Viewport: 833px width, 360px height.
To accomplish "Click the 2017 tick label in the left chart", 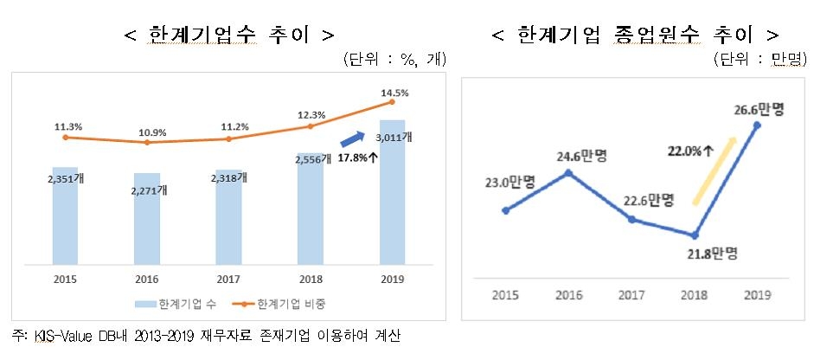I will click(x=228, y=280).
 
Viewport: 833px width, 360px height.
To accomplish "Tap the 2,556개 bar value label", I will click(x=311, y=160).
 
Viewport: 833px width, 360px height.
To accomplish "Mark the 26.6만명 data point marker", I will click(x=758, y=125).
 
